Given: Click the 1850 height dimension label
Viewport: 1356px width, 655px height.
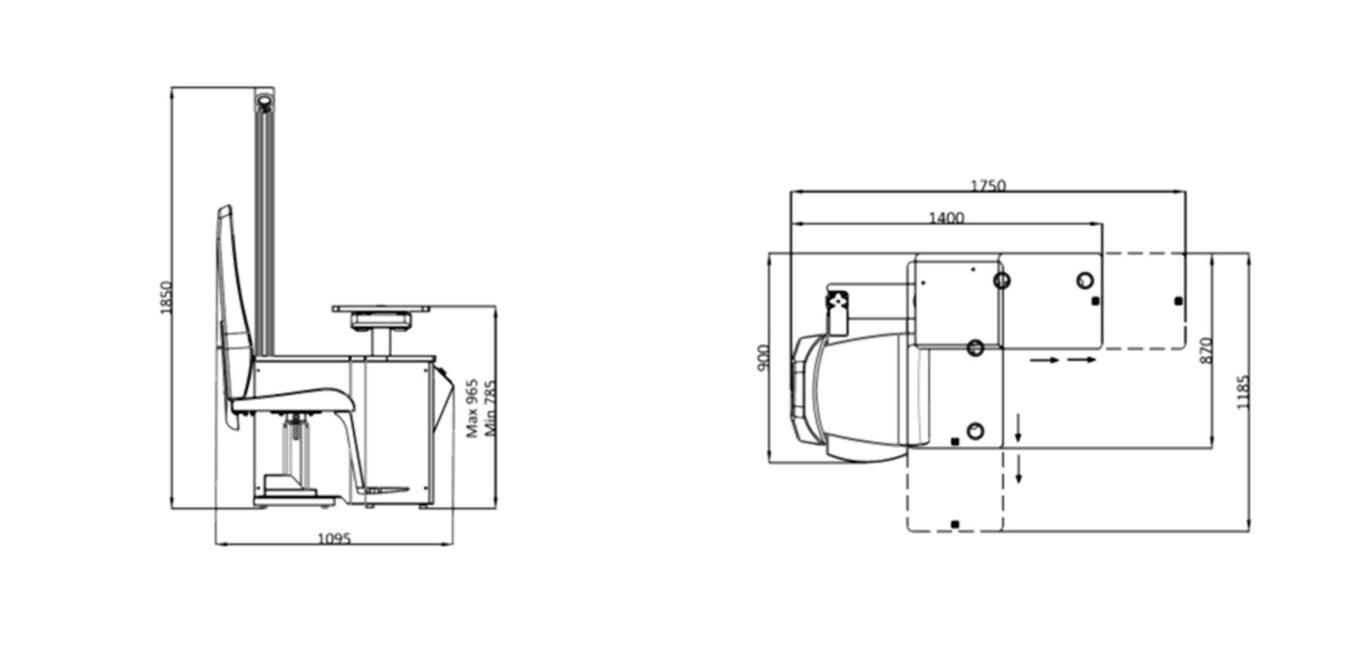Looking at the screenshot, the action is pos(165,298).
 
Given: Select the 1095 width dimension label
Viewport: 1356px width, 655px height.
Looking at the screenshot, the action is pos(334,539).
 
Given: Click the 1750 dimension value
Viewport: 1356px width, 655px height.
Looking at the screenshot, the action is pos(988,186).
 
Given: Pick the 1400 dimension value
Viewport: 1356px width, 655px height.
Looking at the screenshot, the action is pos(946,218).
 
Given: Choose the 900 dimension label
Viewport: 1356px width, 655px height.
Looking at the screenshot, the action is pos(764,357).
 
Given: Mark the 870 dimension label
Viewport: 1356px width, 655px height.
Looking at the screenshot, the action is pos(1207,350).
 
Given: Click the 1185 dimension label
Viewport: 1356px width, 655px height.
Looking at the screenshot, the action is pos(1244,392).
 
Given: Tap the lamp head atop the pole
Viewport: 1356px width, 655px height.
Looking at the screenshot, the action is pos(264,103).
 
